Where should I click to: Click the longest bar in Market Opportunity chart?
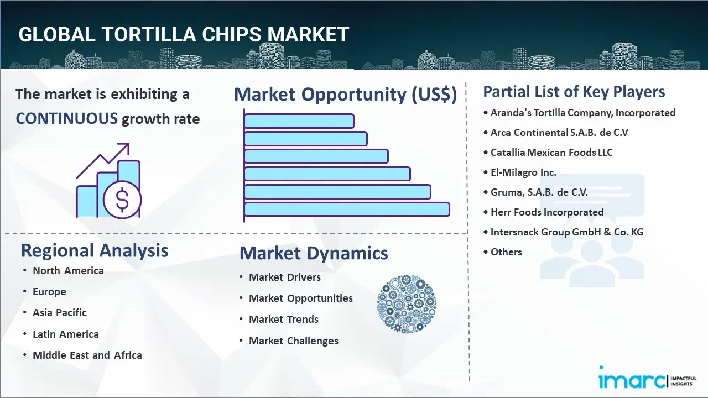346,210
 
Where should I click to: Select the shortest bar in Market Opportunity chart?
299,121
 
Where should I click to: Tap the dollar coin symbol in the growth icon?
122,200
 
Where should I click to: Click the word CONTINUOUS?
66,118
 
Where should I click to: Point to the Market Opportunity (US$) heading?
345,95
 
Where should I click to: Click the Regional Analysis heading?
95,250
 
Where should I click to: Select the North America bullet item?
68,270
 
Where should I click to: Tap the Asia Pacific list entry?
60,312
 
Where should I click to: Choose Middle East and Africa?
87,355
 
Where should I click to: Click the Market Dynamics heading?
314,253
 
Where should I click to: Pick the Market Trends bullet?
284,319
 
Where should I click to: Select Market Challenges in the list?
293,341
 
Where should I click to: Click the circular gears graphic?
407,304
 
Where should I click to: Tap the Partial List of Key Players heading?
574,91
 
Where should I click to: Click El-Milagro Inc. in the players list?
523,172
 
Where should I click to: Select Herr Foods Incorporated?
547,212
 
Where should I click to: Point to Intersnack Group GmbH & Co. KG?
567,232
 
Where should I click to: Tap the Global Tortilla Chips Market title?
184,34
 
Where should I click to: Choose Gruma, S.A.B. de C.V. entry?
539,192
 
